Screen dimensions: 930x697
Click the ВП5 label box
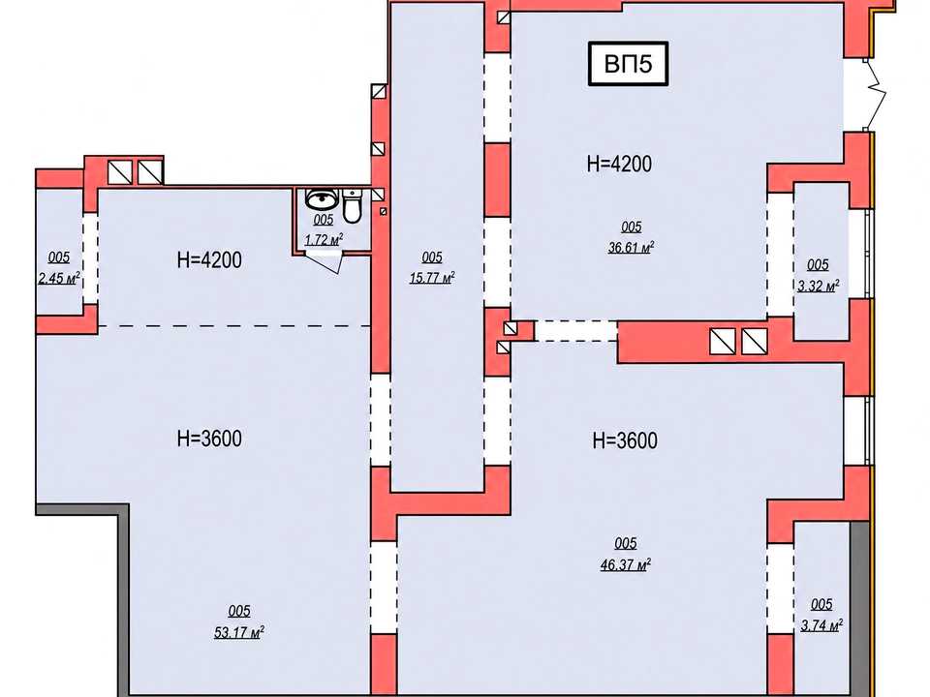[x=628, y=64]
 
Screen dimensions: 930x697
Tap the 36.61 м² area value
[x=631, y=247]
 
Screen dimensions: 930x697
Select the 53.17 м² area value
[x=239, y=632]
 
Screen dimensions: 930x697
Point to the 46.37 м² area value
[x=626, y=564]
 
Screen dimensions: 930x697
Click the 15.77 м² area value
[x=432, y=277]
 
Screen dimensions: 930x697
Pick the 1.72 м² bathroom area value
[x=324, y=239]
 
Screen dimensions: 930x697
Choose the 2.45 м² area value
[x=59, y=278]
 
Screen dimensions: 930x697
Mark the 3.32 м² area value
[x=819, y=285]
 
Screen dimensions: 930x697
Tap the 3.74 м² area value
[x=822, y=624]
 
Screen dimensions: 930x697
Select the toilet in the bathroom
[x=353, y=206]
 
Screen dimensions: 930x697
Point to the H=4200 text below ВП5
[x=619, y=164]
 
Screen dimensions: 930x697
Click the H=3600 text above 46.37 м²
[x=625, y=440]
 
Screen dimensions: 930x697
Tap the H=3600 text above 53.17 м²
[x=209, y=439]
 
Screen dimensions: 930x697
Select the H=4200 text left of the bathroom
[x=209, y=260]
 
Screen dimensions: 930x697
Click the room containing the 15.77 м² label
[x=437, y=247]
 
